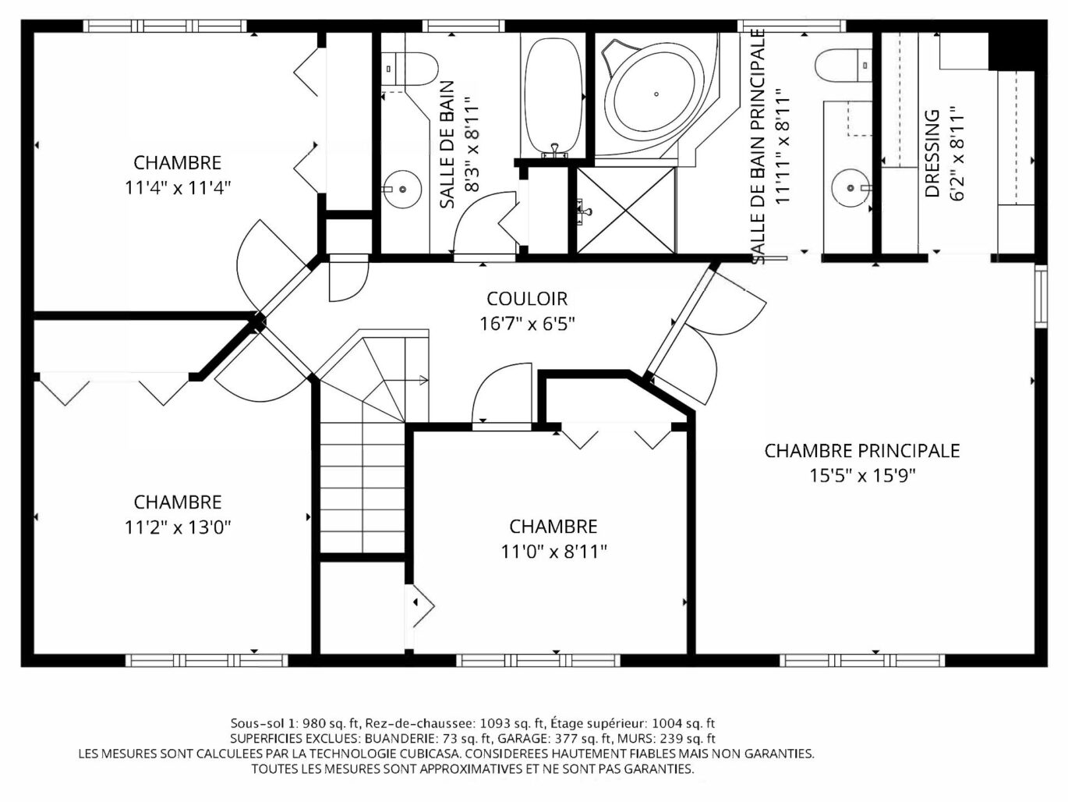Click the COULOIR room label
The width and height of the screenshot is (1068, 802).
coord(527,299)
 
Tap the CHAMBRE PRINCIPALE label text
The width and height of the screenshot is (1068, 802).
coord(861,450)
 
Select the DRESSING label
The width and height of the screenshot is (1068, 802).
coord(932,154)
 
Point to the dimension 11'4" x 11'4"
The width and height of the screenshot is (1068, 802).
coord(178,187)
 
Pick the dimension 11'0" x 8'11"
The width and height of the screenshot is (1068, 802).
coord(553,552)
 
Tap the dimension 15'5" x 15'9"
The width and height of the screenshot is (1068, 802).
coord(862,475)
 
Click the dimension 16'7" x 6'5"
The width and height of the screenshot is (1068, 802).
coord(528,323)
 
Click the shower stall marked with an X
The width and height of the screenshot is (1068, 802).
coord(626,211)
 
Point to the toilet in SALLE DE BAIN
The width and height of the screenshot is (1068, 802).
coord(408,69)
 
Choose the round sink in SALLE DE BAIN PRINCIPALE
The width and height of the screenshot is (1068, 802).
coord(851,188)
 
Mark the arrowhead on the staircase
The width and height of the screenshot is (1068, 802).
coord(423,380)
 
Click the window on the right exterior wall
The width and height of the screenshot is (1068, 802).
coord(1041,296)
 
